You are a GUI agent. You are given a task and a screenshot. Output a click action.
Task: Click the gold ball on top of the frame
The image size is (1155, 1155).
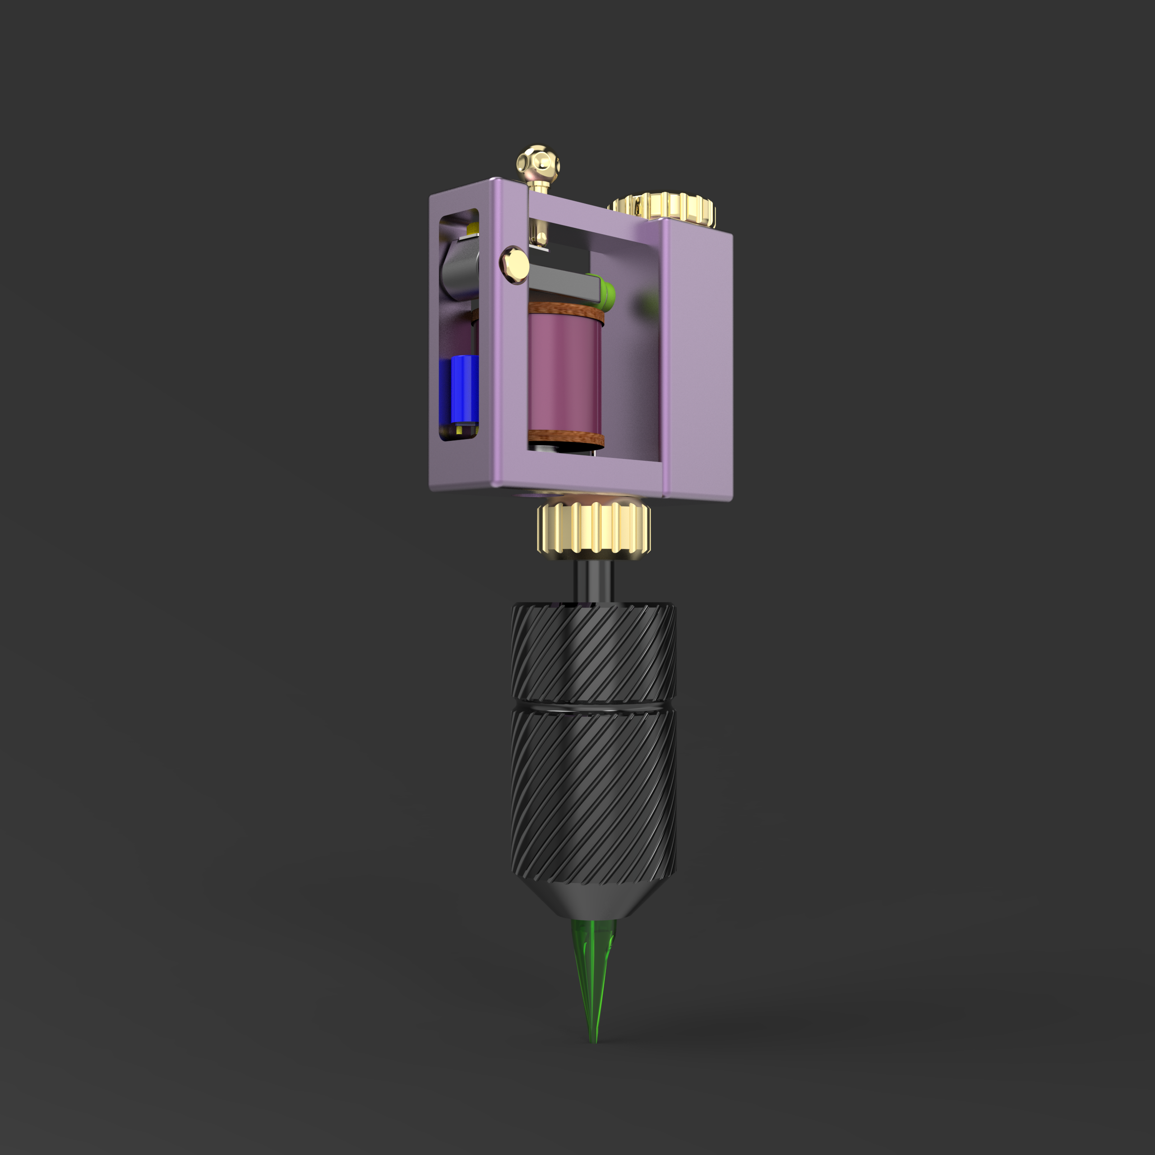(539, 162)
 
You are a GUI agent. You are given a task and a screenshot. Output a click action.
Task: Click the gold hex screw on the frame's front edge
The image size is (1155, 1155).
(514, 263)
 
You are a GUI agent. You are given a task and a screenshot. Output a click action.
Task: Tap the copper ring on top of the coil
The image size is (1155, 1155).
(565, 312)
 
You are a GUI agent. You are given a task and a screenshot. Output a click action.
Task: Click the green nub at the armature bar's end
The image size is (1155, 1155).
(607, 292)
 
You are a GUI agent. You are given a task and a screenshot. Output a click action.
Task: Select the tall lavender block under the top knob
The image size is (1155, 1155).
(697, 359)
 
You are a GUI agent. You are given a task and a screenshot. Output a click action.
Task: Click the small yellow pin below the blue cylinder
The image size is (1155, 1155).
(460, 429)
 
